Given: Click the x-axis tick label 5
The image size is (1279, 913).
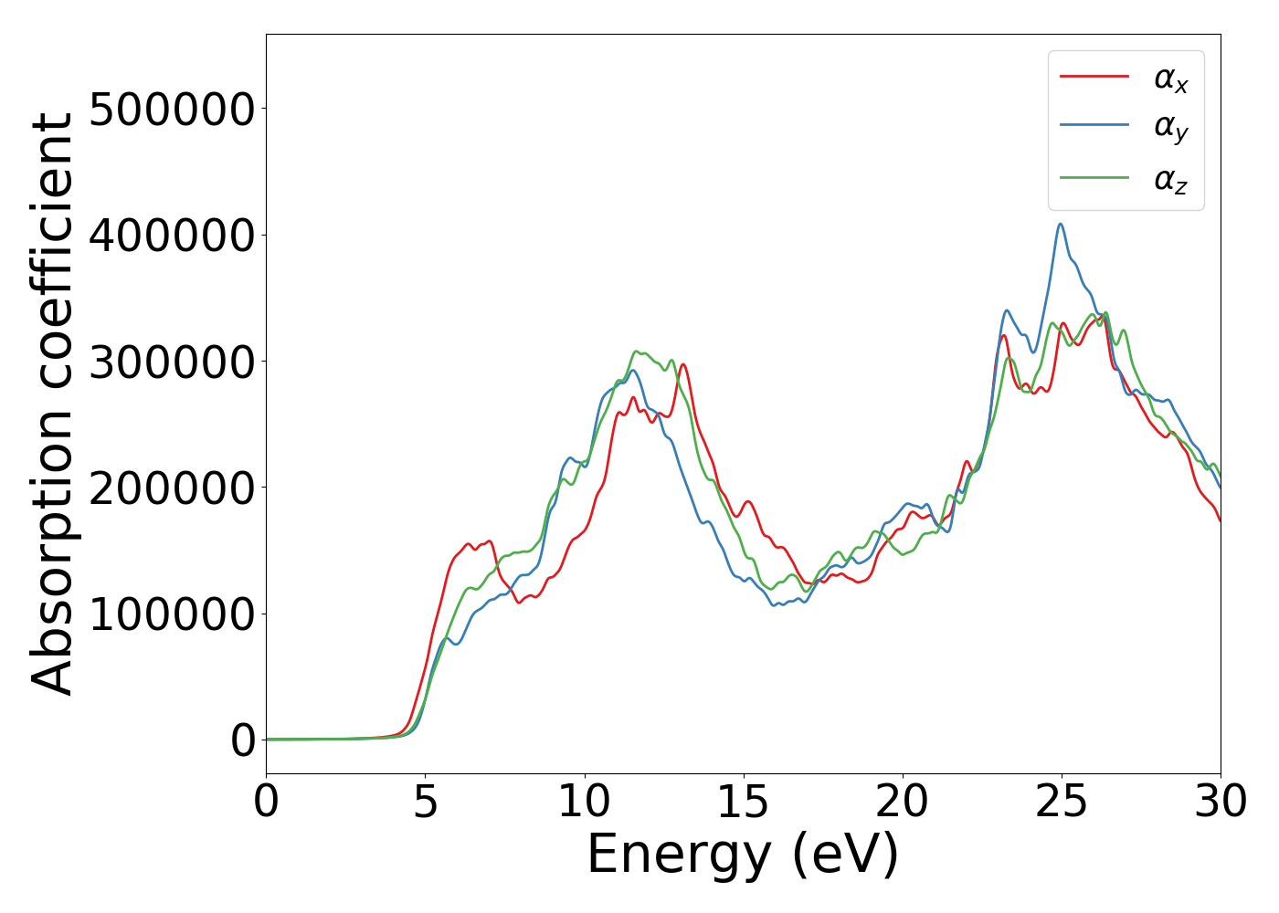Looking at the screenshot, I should pos(425,803).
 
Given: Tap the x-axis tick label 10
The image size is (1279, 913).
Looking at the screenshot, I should pos(584,803).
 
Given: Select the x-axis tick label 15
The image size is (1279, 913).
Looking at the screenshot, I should pos(743,803).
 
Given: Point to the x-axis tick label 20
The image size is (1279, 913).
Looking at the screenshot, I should pos(902,803).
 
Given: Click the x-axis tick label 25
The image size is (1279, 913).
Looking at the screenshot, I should pos(1061,803).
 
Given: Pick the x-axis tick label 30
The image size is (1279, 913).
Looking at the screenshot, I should pos(1220,803).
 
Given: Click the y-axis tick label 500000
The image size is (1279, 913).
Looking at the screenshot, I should pos(172,110).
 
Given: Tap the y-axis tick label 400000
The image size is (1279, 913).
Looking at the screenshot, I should pos(172,236).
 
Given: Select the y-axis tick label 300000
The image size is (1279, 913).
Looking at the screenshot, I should pos(172,362).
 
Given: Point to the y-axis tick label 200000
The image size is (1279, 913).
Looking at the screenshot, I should pos(172,488).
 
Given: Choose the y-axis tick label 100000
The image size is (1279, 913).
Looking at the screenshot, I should pos(172,614).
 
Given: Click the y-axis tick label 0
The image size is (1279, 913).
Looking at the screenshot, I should pos(243,740).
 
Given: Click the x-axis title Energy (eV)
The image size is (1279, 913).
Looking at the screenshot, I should pos(743,855).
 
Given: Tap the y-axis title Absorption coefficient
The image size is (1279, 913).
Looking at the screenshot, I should pos(52,404).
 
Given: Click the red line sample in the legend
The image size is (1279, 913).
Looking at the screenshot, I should pos(1094,77).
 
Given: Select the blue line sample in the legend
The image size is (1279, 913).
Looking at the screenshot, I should pos(1094,126).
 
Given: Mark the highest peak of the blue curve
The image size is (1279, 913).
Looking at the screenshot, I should pos(1060,224).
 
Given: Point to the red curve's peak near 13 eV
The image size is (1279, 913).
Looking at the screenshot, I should pos(682,364).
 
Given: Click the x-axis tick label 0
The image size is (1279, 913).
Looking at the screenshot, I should pos(266,803).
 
